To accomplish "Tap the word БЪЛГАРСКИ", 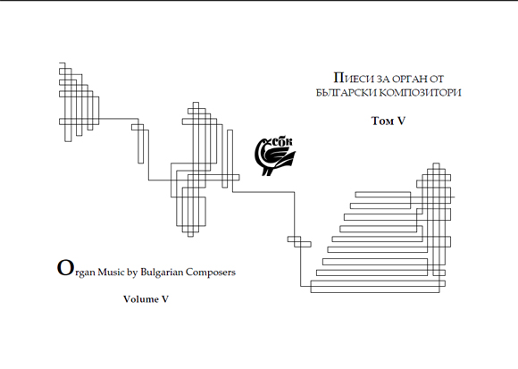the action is [346, 92].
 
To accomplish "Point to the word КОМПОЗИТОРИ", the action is [420, 92].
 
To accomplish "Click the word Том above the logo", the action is [382, 121].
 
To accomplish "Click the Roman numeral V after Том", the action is [401, 121].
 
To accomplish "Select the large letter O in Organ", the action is [64, 267].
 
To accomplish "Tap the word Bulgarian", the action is [162, 273].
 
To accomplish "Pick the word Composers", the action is [211, 273].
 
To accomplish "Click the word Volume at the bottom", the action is [141, 299].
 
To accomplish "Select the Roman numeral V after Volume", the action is [165, 299].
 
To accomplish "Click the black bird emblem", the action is [274, 156].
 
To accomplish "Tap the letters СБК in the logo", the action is [282, 142].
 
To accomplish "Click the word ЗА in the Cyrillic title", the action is [383, 79].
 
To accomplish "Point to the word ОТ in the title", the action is [437, 79].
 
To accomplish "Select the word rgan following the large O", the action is [84, 273].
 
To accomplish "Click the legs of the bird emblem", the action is [267, 172].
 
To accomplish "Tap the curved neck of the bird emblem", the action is [261, 148].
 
